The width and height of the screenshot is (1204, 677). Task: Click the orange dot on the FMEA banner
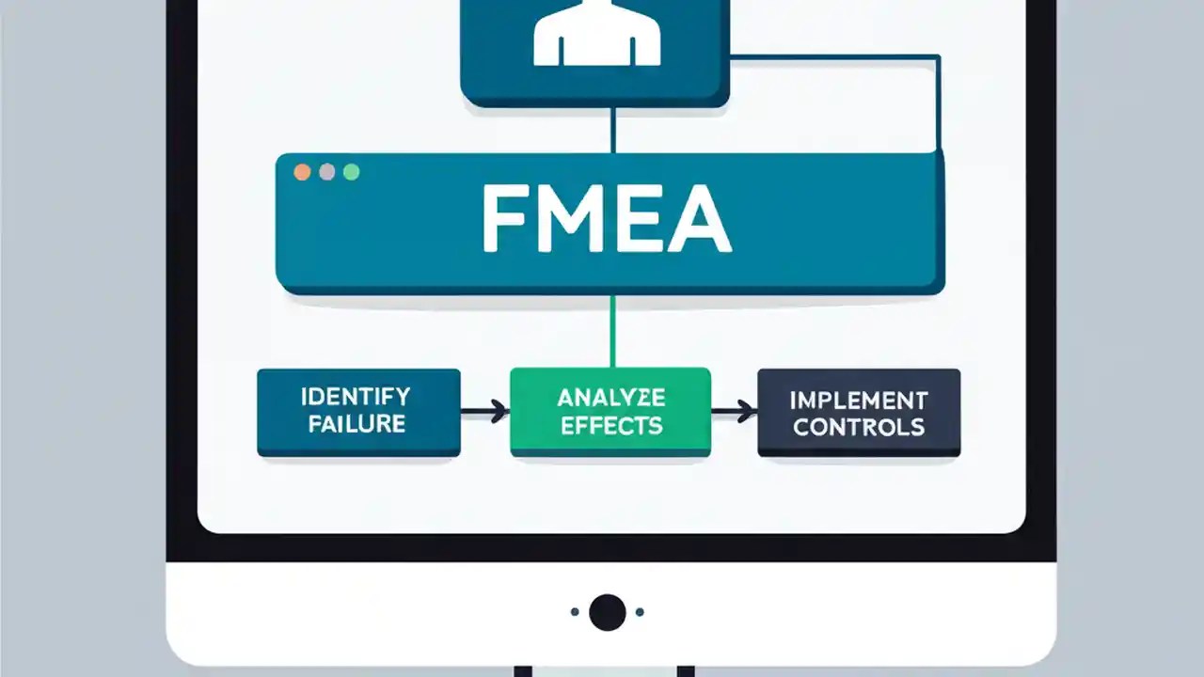tap(302, 172)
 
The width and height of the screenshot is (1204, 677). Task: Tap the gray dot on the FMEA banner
tap(326, 172)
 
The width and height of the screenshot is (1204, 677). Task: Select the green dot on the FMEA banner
tap(351, 172)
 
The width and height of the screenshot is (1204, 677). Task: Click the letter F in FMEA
tap(502, 222)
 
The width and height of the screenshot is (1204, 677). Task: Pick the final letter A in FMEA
tap(703, 222)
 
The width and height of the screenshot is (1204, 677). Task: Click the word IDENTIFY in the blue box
tap(356, 396)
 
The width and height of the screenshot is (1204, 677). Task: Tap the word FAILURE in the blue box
tap(356, 423)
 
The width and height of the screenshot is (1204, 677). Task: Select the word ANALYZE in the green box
tap(611, 396)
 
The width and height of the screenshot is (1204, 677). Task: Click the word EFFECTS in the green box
tap(611, 425)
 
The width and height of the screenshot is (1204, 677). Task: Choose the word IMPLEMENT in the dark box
tap(859, 401)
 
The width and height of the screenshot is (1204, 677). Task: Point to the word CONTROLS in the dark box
tap(859, 427)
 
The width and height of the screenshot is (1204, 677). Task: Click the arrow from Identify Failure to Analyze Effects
tap(485, 410)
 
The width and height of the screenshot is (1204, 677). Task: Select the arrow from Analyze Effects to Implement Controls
tap(735, 410)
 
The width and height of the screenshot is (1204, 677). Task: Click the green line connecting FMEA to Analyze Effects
tap(613, 331)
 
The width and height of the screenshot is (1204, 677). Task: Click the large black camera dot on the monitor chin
tap(608, 612)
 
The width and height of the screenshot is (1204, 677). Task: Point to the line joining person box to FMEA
tap(613, 130)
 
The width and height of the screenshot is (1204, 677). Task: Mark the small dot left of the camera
tap(575, 612)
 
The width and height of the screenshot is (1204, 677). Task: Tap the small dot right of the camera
tap(640, 612)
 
